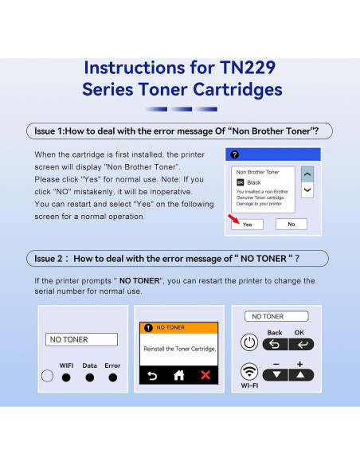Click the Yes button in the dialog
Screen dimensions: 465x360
[248, 225]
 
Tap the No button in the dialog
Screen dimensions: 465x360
[291, 225]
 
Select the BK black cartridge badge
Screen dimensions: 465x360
[241, 182]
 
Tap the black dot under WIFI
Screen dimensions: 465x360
[67, 377]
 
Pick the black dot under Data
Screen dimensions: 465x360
[90, 377]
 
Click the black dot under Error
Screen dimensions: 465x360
[112, 377]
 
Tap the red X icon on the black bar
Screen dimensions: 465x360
[206, 374]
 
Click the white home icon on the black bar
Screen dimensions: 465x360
[178, 374]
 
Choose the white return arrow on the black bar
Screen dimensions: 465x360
[151, 374]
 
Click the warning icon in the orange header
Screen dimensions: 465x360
[147, 327]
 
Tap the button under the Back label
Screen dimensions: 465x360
[275, 344]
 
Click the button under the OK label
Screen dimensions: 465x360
[300, 344]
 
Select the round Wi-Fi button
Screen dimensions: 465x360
[248, 372]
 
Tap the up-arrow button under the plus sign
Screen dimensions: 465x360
[300, 374]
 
